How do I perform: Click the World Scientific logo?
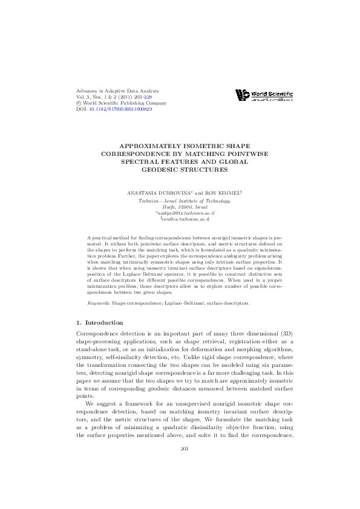[264, 95]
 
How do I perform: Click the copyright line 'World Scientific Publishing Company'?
[118, 103]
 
